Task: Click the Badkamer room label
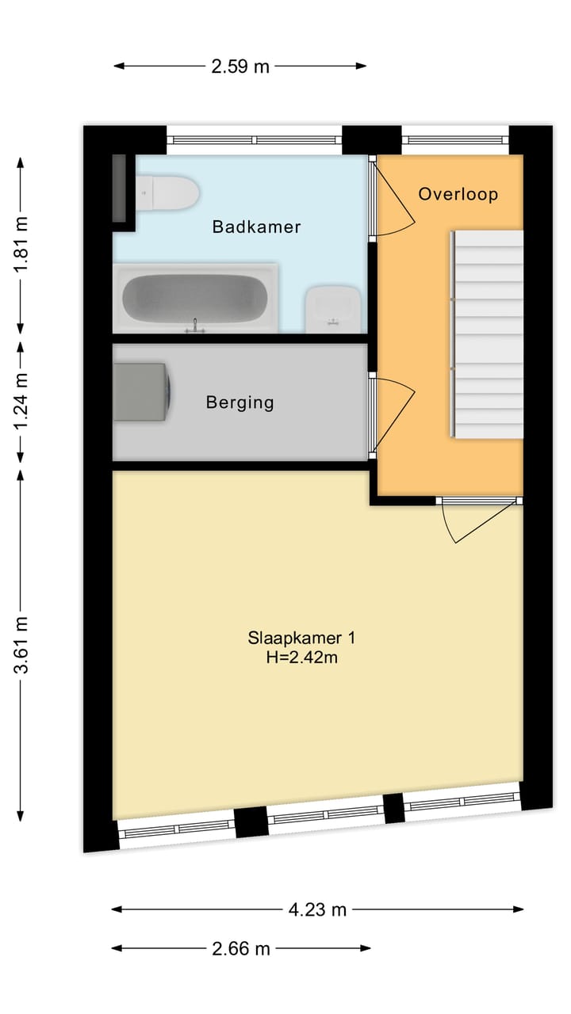click(x=256, y=227)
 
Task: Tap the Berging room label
click(x=240, y=402)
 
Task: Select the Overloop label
click(x=458, y=194)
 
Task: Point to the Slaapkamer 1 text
click(x=301, y=638)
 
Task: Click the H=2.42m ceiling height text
click(x=301, y=657)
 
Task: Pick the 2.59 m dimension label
click(x=240, y=67)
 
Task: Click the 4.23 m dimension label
click(x=317, y=909)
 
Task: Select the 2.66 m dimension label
click(x=240, y=948)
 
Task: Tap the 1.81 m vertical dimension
click(x=21, y=245)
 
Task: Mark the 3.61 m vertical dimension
click(x=21, y=645)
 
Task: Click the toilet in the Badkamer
click(x=167, y=193)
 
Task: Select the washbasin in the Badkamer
click(x=333, y=309)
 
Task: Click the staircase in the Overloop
click(x=487, y=334)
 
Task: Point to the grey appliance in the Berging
click(x=141, y=392)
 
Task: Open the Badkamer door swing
click(x=393, y=196)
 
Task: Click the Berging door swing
click(x=392, y=416)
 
